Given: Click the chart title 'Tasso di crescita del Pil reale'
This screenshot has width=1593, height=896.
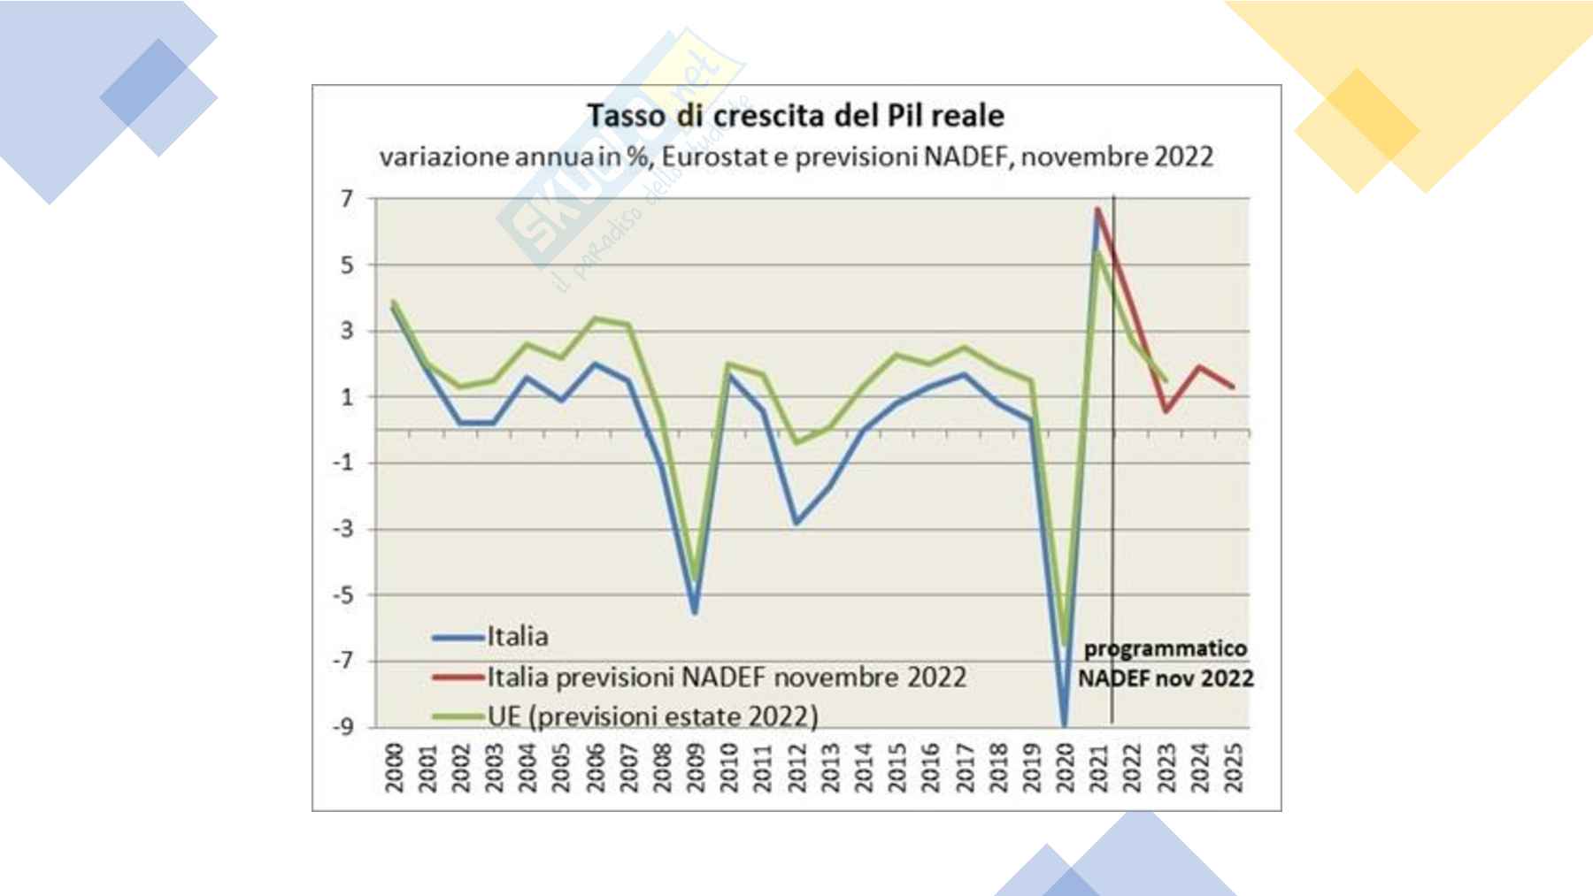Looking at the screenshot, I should coord(796,116).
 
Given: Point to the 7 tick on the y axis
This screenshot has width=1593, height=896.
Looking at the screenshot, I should coord(348,199).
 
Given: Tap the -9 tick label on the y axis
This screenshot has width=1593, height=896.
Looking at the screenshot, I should coord(343,727).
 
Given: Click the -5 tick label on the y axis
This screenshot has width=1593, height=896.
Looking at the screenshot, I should coord(343,595).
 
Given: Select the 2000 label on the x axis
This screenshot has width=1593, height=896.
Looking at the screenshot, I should coord(394,767).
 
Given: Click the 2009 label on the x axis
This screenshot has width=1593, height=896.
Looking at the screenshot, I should coord(696,767).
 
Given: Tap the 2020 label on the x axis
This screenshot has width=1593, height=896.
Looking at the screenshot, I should coord(1065,767).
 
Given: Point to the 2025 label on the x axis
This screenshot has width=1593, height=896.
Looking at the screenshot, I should coord(1233,767).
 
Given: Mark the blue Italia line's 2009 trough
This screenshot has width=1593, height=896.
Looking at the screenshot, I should coord(695,612).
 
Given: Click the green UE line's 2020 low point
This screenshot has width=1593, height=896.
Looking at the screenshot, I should coord(1065,644).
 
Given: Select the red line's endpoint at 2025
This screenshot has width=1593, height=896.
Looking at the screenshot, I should coord(1233,387).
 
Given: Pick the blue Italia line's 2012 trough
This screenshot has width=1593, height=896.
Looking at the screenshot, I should coord(796,523).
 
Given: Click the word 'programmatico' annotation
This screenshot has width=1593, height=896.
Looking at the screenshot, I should coord(1166,648).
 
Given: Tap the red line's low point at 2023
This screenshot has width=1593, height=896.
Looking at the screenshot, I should coord(1166,411).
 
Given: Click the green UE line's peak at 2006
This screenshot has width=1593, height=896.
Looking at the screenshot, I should coord(595,318).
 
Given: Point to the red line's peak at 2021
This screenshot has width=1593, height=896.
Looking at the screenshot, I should coord(1097,210).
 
